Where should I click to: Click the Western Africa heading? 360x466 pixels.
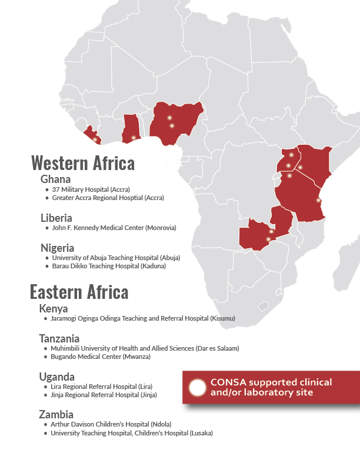click(x=82, y=162)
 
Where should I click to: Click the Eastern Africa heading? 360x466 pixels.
click(x=79, y=292)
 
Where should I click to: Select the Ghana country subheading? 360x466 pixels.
click(x=56, y=179)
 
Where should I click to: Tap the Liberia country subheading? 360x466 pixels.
click(x=56, y=217)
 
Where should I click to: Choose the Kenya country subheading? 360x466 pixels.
click(x=54, y=308)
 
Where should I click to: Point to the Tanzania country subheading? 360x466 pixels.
click(x=59, y=338)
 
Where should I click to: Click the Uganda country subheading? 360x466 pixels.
click(x=57, y=376)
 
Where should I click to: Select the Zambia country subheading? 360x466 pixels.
click(x=56, y=414)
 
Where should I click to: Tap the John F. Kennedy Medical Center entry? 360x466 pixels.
click(x=114, y=228)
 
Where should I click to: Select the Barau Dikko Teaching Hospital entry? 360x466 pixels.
click(x=109, y=266)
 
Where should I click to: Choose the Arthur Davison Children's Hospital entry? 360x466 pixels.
click(x=111, y=424)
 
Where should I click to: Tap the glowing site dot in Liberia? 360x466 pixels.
click(x=95, y=139)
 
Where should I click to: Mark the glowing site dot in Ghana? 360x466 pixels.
click(x=134, y=138)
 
